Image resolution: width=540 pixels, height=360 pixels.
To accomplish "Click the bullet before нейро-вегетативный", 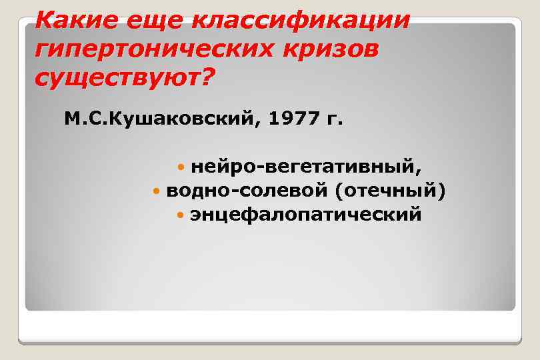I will pyautogui.click(x=183, y=165).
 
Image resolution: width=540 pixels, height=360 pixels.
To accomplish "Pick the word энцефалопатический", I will pyautogui.click(x=305, y=215).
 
